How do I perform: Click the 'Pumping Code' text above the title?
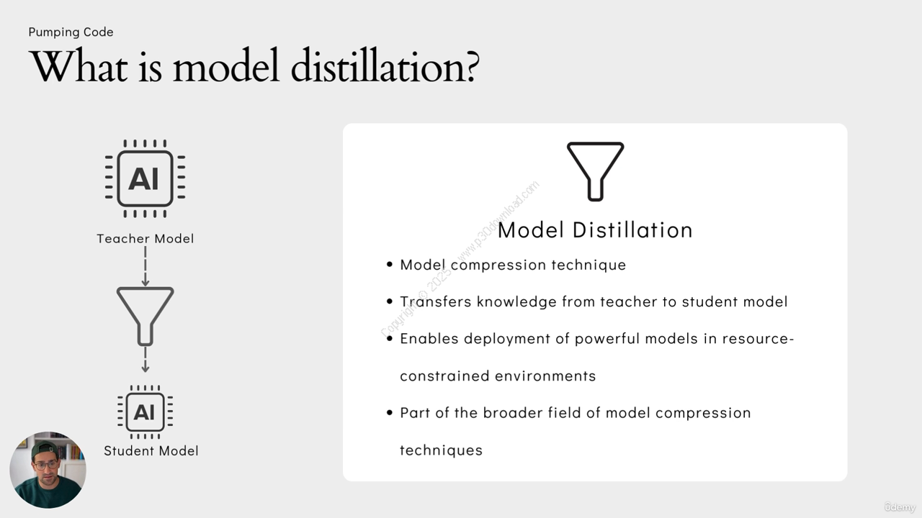coord(71,32)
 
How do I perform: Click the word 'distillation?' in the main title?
coord(385,65)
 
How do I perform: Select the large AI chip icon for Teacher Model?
coord(145,178)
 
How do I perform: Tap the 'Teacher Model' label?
coord(146,239)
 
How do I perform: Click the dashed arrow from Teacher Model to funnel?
coord(146,266)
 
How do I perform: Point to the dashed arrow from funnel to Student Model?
coord(146,360)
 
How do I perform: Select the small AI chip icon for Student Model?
coord(145,412)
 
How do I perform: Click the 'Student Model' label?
coord(151,451)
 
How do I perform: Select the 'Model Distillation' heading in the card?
coord(595,230)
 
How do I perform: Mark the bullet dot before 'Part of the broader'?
coord(390,412)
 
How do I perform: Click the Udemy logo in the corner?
coord(900,507)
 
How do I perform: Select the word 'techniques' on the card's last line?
coord(442,450)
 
